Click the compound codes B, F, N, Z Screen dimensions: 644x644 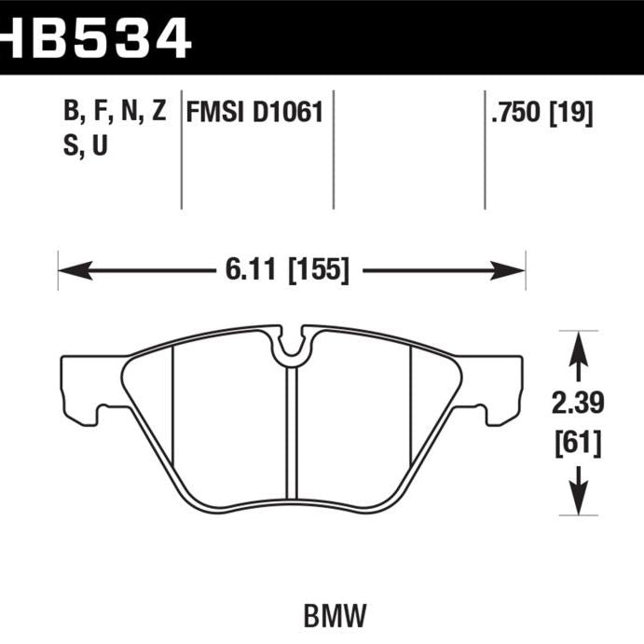(x=115, y=114)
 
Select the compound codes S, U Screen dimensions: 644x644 (x=86, y=146)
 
